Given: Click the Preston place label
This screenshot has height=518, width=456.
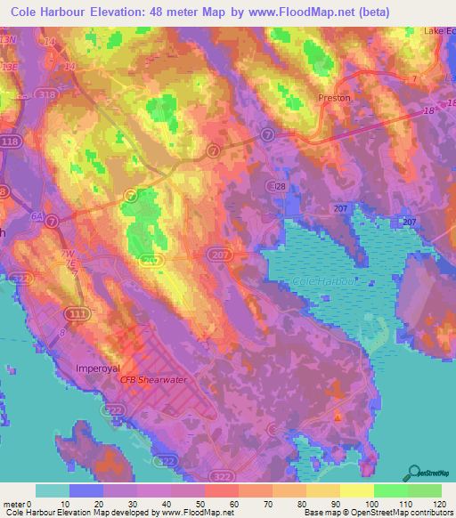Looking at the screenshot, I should [334, 98].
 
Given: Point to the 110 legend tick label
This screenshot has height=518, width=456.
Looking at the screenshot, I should [407, 505].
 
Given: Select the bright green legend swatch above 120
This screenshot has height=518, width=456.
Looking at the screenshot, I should [424, 490].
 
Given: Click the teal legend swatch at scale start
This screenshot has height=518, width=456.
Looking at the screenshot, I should [53, 490].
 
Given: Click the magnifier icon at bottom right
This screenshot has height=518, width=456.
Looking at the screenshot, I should [413, 473].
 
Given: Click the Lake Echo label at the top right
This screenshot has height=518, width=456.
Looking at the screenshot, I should [439, 31].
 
